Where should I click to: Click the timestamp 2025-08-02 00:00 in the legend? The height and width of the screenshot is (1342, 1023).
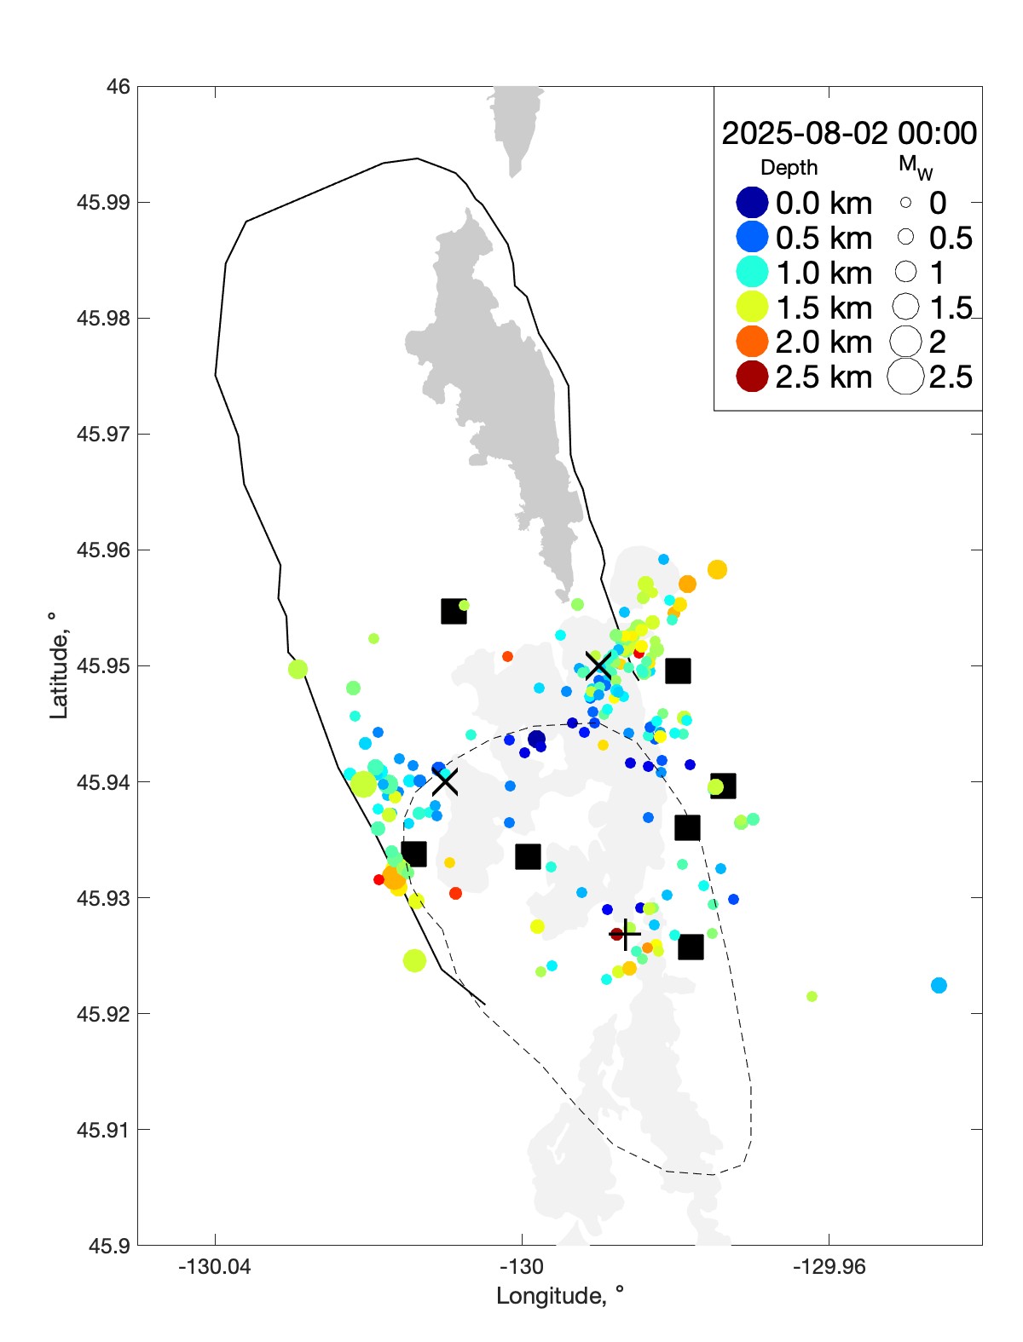pos(849,134)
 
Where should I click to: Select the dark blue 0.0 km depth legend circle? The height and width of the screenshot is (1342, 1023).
pos(752,203)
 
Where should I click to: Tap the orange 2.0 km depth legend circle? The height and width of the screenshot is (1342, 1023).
pos(752,342)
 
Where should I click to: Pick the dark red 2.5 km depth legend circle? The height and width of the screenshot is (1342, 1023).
pos(752,377)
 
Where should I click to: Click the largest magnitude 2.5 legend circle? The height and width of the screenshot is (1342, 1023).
pos(905,377)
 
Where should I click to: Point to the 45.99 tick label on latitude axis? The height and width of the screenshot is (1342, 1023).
pos(103,203)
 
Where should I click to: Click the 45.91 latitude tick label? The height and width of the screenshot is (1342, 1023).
pos(103,1130)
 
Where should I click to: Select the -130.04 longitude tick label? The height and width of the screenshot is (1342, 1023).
pos(214,1267)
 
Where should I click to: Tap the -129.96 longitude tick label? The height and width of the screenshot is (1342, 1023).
pos(829,1267)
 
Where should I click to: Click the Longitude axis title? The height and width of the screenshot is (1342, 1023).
pos(560,1296)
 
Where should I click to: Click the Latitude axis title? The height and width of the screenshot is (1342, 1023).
pos(58,665)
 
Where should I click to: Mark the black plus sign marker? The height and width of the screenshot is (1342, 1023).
pos(626,934)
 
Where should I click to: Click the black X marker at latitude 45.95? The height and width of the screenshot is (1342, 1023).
pos(598,665)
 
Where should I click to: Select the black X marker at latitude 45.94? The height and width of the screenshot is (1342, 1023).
pos(445,780)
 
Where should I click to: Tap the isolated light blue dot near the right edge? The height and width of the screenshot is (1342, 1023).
pos(939,985)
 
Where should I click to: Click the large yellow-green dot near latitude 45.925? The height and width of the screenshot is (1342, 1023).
pos(414,960)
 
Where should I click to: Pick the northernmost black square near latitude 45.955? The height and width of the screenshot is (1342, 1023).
pos(454,611)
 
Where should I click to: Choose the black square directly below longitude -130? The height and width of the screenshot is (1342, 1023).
pos(528,856)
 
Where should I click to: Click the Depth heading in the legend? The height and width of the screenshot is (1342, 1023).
pos(789,168)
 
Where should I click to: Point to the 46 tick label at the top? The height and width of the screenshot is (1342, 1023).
pos(118,87)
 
